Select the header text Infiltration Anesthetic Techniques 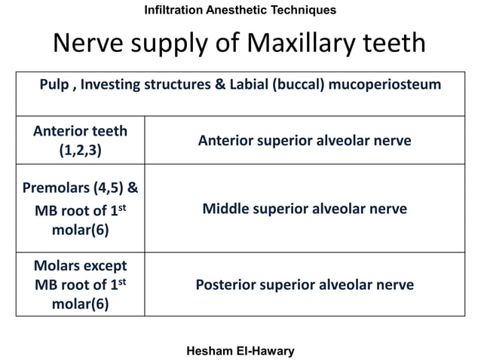240,11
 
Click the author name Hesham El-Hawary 240,350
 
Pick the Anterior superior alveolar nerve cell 305,140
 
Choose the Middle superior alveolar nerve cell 305,209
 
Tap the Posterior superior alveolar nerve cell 305,285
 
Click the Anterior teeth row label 80,131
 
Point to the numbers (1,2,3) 80,149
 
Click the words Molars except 80,266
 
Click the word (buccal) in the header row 298,84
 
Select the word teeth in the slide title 393,44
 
